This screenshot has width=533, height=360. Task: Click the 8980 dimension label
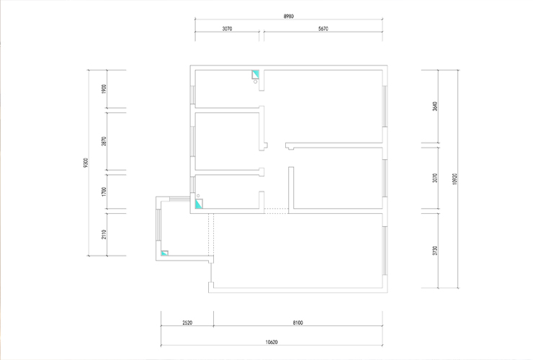(x=289, y=17)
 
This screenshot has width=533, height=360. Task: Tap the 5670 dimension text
(x=323, y=29)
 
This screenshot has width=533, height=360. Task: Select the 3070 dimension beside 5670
(x=227, y=29)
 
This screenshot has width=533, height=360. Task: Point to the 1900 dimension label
(x=104, y=89)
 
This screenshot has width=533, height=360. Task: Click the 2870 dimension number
(x=104, y=141)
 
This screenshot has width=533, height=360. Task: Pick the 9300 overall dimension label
(x=86, y=163)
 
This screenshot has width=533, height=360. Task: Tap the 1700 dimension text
(x=104, y=192)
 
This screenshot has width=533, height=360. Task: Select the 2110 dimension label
(x=104, y=234)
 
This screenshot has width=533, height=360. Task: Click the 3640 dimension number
(x=435, y=107)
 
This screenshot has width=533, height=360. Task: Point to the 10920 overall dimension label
(x=454, y=179)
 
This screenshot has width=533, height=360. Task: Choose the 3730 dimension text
(x=435, y=251)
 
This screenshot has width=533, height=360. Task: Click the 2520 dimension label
(x=187, y=323)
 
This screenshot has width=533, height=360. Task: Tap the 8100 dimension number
(x=297, y=323)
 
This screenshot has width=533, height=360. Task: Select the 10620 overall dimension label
(x=272, y=342)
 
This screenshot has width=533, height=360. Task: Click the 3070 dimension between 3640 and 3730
(x=435, y=178)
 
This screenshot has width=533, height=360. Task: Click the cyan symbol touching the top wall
(x=255, y=74)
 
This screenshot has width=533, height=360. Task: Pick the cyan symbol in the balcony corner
(x=164, y=253)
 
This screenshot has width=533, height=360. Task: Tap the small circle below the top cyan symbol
(x=255, y=81)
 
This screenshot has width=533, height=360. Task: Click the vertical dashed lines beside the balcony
(x=211, y=235)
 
